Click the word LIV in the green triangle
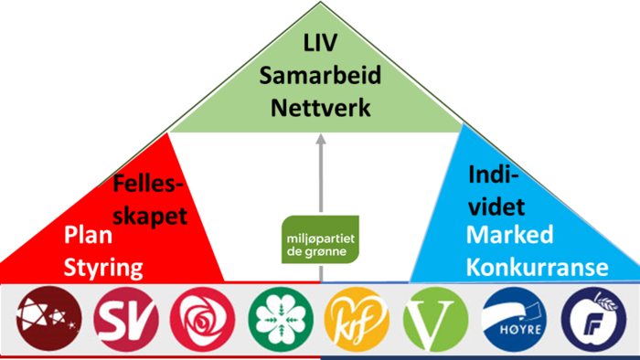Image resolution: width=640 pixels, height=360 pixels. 320,43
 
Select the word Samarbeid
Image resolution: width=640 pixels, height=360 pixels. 320,76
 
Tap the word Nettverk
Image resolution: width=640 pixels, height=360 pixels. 320,109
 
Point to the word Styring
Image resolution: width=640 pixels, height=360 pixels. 104,268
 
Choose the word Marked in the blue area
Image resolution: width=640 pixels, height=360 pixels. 510,235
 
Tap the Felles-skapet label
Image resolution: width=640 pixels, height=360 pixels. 150,201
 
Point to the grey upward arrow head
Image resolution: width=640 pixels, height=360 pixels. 320,141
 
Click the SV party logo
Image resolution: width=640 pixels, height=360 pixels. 125,320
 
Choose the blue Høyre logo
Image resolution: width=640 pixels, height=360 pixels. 514,320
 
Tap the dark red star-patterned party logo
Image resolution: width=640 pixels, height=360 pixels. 48,320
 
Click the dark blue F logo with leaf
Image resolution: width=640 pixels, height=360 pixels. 592,320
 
